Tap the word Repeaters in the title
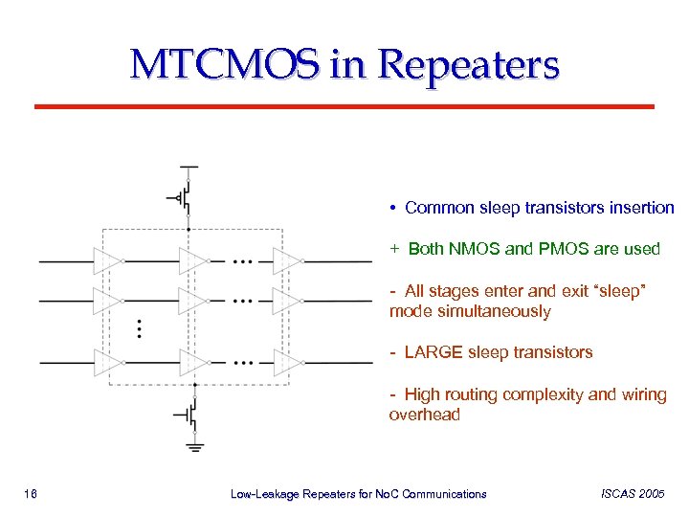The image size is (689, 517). (x=469, y=65)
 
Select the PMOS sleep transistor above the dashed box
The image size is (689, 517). (x=186, y=197)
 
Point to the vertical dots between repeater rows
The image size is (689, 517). (x=140, y=328)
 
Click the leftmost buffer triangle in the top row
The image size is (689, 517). (x=107, y=259)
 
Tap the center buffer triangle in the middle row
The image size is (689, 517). (x=193, y=301)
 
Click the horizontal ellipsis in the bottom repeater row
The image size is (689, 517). (x=244, y=363)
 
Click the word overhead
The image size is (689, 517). (x=424, y=415)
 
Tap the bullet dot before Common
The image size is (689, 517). (x=393, y=209)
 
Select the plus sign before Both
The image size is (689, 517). (x=393, y=249)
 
